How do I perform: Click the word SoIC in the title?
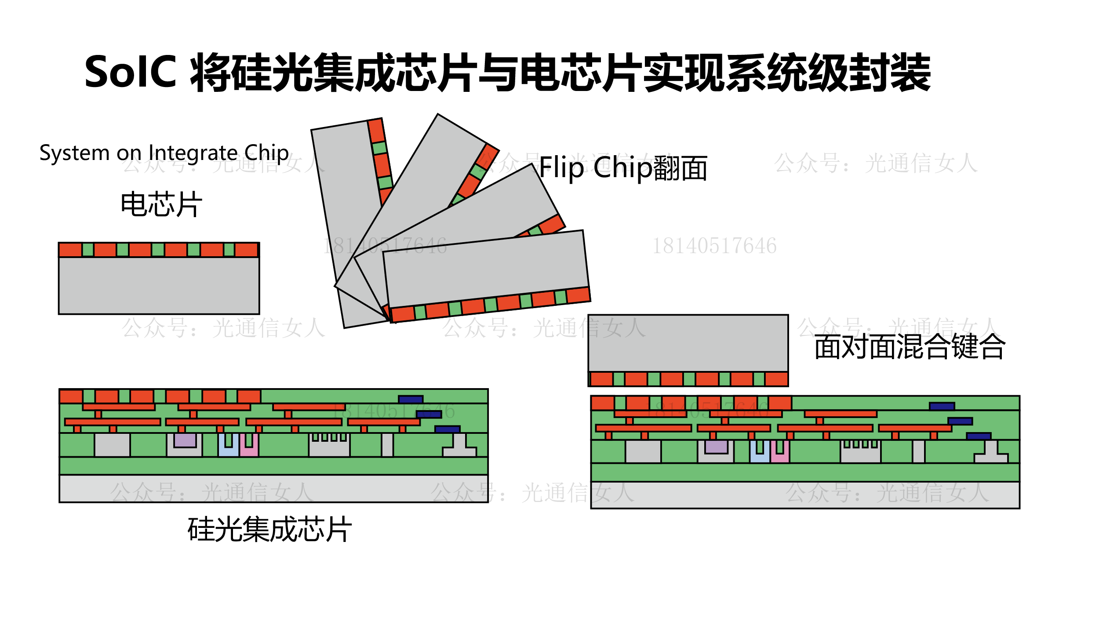coord(130,72)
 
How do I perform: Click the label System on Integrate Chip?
coord(164,153)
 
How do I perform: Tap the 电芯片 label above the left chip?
coord(161,204)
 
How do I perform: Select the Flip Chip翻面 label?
coord(623,168)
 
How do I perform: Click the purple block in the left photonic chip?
coord(185,440)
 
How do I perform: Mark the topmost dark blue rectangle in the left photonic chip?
coord(411,399)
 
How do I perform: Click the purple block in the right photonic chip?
coord(716,447)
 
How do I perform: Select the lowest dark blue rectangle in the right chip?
coord(979,436)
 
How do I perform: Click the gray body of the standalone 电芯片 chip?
coord(159,285)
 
